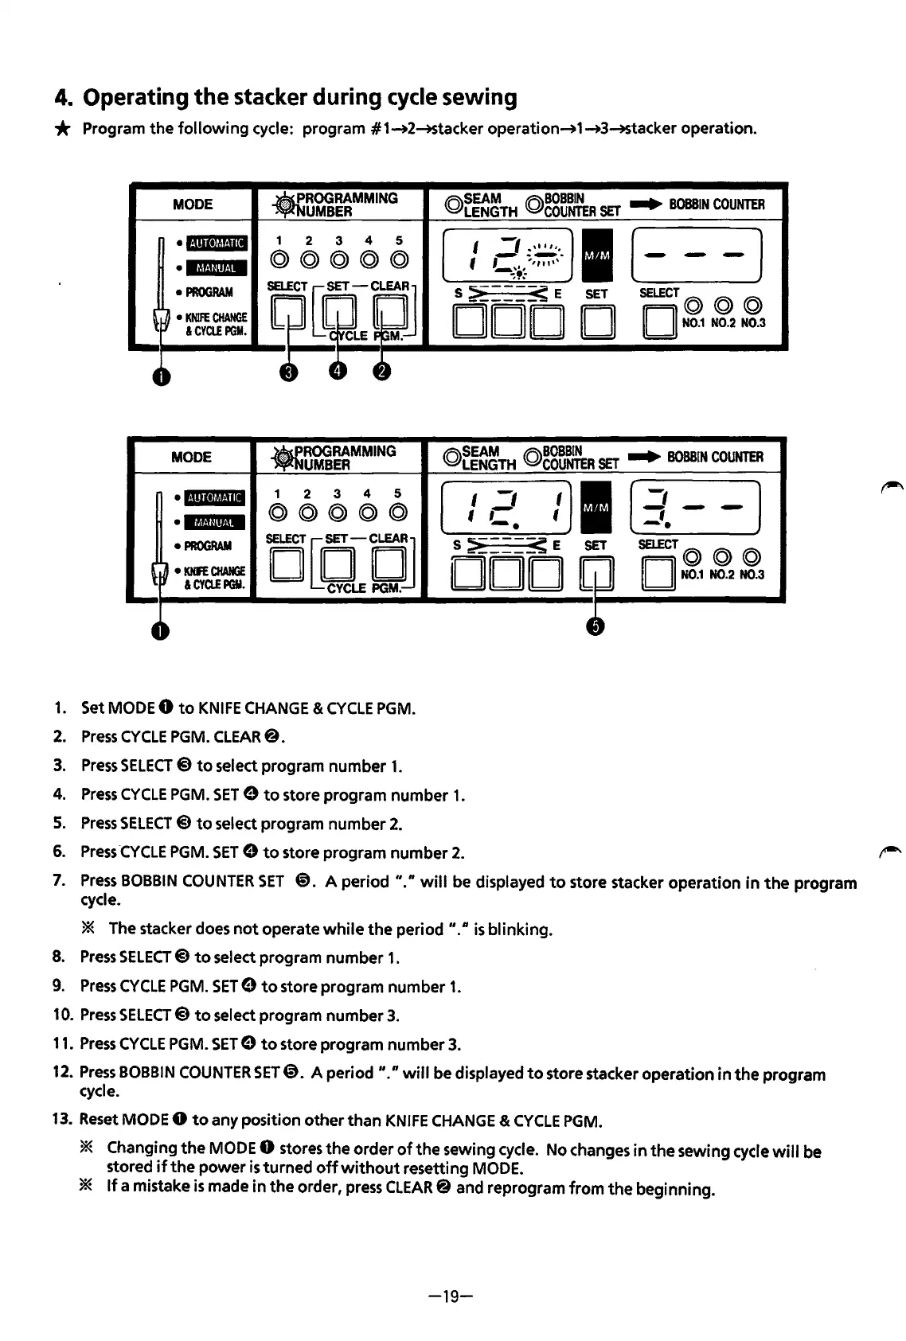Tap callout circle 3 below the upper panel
tap(289, 372)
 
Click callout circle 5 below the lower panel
tap(596, 626)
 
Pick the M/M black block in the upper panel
tap(597, 255)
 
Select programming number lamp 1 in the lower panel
tap(278, 513)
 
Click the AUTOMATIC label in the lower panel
tap(215, 498)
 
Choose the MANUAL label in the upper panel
tap(216, 268)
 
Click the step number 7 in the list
tap(59, 880)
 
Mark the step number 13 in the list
tap(62, 1120)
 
